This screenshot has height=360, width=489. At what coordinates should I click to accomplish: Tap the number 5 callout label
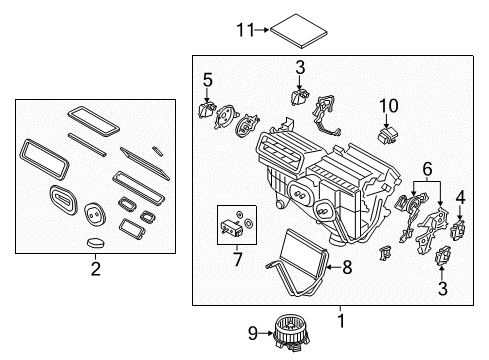click(207, 78)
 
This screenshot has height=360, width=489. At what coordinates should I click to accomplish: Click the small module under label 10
click(387, 134)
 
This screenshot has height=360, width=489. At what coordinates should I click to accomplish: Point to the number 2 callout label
click(96, 268)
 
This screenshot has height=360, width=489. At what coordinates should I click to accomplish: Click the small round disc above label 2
click(96, 242)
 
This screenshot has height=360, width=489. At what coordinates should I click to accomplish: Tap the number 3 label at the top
click(298, 68)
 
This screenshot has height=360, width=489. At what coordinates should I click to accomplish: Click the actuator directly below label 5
click(209, 111)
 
